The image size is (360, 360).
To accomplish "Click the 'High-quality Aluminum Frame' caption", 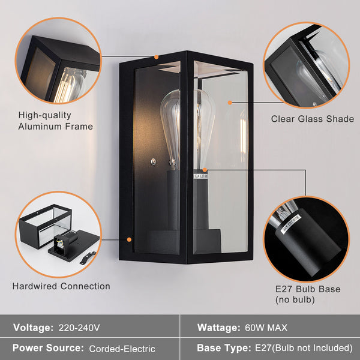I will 55,121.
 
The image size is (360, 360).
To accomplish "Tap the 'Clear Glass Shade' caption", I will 313,119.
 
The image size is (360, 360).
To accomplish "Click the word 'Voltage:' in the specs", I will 33,328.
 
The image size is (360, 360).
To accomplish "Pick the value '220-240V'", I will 79,328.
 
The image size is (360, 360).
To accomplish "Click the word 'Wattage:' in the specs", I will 218,328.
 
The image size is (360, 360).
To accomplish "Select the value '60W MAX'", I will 266,328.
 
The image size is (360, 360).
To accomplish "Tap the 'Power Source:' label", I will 48,348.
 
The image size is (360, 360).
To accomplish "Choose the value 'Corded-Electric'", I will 122,349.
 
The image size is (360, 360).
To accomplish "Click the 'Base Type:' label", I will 222,348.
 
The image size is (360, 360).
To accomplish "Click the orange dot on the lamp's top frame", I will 156,58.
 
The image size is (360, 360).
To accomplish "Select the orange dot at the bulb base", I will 205,170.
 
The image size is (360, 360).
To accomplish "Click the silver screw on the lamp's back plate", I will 154,161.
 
